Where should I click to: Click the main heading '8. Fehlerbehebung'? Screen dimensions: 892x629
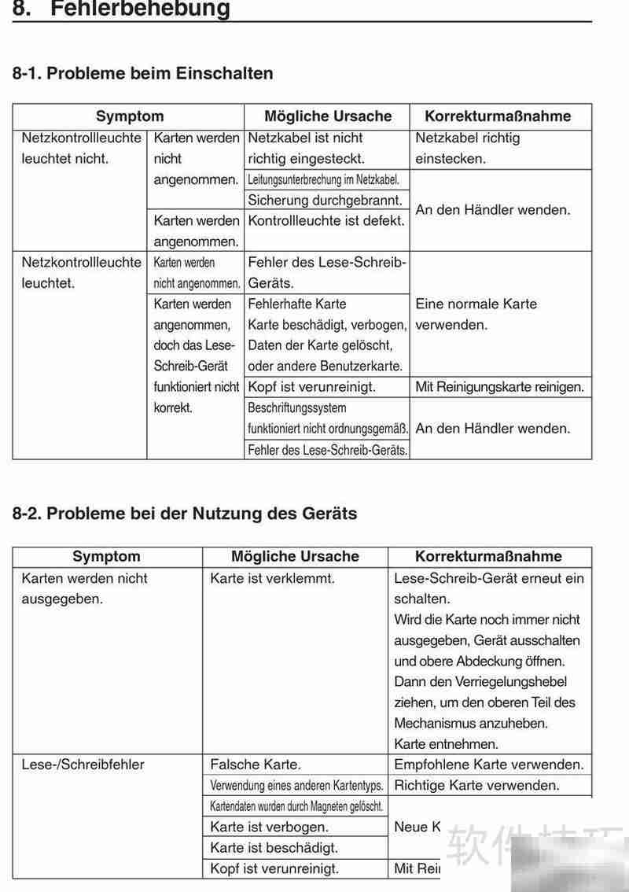[122, 9]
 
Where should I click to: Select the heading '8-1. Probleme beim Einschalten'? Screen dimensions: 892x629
[143, 73]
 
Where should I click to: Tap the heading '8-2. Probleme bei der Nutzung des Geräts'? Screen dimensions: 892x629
[185, 514]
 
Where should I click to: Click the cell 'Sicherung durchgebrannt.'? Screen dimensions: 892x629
[326, 201]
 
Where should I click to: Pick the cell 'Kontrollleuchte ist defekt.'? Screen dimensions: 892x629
[326, 221]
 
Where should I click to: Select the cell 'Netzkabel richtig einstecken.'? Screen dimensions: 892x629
[468, 148]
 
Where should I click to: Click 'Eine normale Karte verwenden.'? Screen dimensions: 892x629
[476, 314]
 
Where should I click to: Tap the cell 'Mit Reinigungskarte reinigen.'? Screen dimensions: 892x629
[499, 387]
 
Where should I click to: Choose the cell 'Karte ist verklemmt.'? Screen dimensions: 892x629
[272, 578]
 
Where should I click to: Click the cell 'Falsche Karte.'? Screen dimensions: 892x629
[256, 764]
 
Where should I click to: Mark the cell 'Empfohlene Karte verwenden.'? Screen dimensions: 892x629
[489, 764]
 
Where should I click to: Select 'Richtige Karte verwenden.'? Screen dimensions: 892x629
[476, 785]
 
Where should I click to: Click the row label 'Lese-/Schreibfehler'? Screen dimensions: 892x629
[83, 764]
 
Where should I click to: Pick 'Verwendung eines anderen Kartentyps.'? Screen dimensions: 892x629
[296, 785]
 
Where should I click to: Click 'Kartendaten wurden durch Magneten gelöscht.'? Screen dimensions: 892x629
[296, 806]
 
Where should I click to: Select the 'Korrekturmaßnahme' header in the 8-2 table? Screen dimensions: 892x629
[488, 556]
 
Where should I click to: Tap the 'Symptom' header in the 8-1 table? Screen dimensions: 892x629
[130, 116]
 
